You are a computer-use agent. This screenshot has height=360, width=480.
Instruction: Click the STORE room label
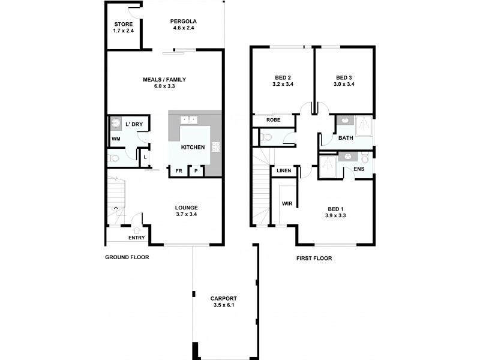click(x=124, y=25)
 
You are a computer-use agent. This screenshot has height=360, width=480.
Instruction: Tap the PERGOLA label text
click(x=184, y=22)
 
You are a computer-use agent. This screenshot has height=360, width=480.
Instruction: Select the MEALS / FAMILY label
click(x=164, y=79)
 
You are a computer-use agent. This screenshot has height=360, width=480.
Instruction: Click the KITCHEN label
click(x=193, y=147)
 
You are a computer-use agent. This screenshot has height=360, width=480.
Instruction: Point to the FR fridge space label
click(x=178, y=172)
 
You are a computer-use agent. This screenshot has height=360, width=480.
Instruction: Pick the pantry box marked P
click(x=196, y=172)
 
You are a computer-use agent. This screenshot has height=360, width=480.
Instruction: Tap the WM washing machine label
click(x=116, y=139)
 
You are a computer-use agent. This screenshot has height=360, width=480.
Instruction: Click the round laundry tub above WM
click(x=116, y=124)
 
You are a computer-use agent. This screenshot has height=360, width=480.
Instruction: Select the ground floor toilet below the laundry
click(x=115, y=158)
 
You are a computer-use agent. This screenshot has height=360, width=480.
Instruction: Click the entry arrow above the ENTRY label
click(x=136, y=229)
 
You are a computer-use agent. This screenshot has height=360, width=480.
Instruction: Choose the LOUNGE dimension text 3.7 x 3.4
click(x=186, y=214)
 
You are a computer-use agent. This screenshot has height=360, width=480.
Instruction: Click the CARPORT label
click(x=223, y=298)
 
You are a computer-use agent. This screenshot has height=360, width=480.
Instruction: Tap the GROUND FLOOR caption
click(x=127, y=257)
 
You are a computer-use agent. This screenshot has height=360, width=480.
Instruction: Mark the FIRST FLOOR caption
click(x=314, y=259)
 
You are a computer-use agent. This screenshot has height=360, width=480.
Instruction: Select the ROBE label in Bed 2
click(x=273, y=120)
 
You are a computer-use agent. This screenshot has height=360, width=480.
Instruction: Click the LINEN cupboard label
click(x=284, y=171)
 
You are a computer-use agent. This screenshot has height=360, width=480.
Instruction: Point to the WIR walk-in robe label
click(x=287, y=204)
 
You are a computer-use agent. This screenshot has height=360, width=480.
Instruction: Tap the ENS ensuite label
click(x=359, y=169)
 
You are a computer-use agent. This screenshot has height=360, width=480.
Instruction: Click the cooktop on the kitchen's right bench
click(x=217, y=147)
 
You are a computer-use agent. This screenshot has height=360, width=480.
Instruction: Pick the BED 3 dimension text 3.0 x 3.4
click(x=344, y=85)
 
